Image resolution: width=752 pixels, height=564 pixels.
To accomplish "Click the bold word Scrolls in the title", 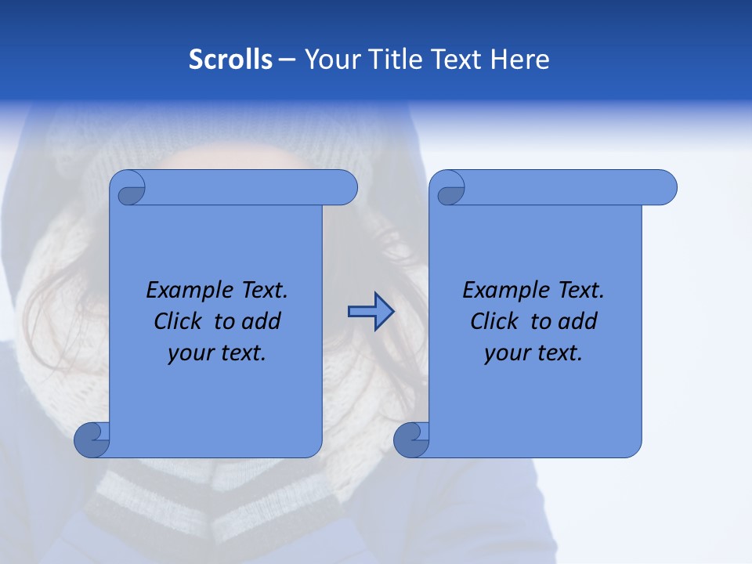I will (x=230, y=60).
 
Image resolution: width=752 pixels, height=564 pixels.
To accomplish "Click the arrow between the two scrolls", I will (x=371, y=312).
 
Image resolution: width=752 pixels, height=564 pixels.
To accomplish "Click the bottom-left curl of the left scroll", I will (x=92, y=440).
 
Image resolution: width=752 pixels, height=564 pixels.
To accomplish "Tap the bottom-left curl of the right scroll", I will (x=410, y=440).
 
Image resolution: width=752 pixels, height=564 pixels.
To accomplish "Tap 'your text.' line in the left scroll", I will (x=217, y=353).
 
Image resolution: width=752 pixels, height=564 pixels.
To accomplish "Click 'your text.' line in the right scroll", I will (x=533, y=353).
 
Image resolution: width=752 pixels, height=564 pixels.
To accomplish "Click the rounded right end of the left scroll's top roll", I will (x=345, y=187).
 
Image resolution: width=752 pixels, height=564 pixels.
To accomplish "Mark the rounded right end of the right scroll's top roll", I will (x=664, y=187).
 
